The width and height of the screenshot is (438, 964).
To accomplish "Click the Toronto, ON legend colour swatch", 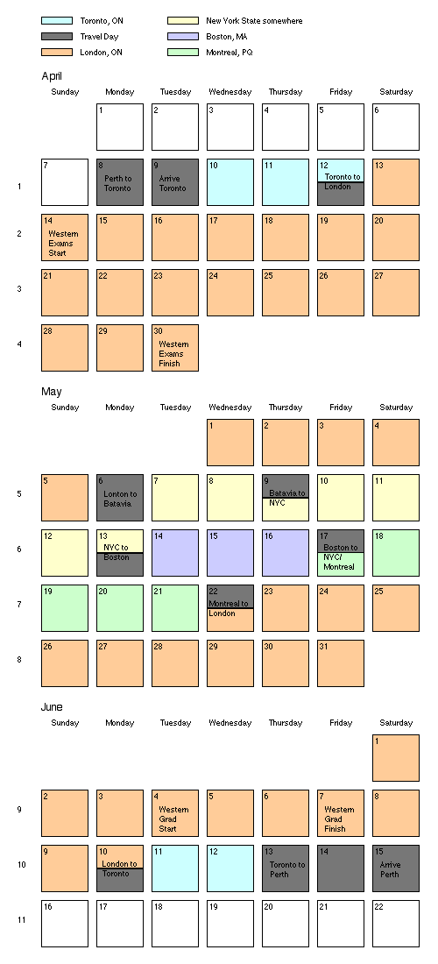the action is (57, 21).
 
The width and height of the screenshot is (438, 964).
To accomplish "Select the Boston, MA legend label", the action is (226, 36).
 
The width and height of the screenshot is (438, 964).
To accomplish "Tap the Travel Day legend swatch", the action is (57, 36).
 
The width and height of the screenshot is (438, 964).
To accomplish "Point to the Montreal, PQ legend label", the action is (230, 53).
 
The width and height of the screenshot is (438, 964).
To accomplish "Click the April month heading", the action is (52, 76).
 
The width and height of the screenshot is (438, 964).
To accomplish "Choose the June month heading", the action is (52, 707).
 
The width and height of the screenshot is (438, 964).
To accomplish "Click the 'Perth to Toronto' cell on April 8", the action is (120, 182).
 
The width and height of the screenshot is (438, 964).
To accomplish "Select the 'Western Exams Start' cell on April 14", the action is (65, 237).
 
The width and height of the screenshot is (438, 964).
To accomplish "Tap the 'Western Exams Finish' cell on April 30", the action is (175, 348).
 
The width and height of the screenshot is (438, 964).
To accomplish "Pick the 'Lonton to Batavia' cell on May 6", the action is (120, 498).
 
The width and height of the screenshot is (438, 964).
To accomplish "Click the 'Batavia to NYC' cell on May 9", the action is (286, 498).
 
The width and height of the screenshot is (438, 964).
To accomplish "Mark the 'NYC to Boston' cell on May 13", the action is (120, 553).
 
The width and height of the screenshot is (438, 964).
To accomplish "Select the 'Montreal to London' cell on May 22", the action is (230, 608).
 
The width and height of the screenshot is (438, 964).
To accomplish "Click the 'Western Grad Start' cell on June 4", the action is (175, 813).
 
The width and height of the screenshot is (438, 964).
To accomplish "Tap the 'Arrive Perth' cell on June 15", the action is (396, 868).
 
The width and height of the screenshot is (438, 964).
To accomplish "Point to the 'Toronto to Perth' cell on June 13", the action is (286, 868).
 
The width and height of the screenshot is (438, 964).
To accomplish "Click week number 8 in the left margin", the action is (19, 660).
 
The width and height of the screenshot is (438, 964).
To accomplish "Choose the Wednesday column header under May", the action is (230, 407).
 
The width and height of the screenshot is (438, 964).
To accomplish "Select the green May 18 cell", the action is (396, 553).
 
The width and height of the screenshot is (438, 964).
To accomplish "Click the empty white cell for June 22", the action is (396, 924).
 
